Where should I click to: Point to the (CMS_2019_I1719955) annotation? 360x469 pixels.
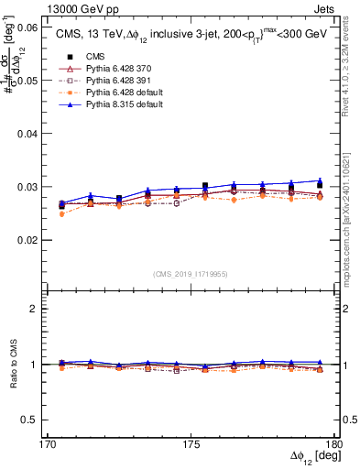(x=191, y=273)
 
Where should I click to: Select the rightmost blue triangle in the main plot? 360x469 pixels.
(x=320, y=180)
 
